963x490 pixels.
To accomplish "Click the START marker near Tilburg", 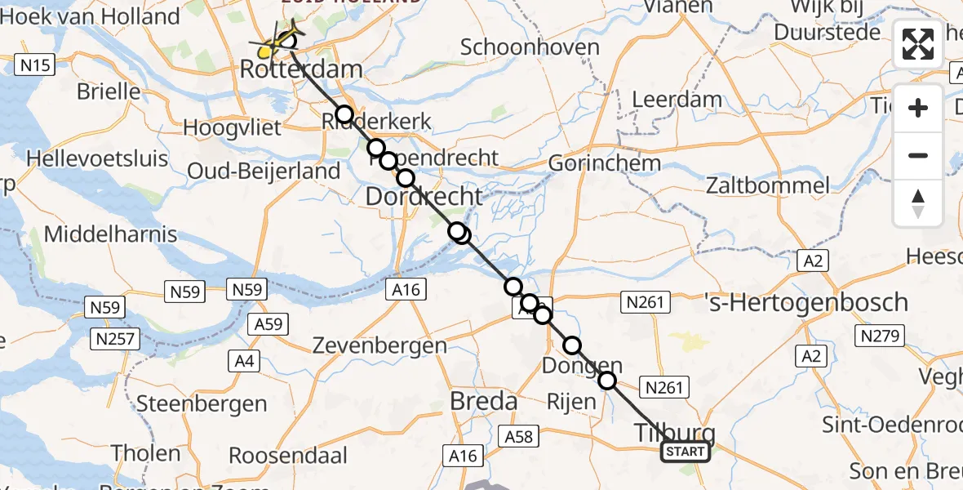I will click(685, 452).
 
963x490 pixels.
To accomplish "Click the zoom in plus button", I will click(918, 109).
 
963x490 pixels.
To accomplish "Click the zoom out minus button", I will click(918, 155).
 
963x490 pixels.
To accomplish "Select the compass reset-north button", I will click(918, 203).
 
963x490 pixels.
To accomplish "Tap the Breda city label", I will click(484, 401).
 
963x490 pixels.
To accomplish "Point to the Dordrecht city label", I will click(424, 196).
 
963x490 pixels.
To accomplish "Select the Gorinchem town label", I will click(604, 163).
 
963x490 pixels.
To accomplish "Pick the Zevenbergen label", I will click(379, 345).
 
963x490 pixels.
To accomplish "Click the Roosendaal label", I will click(288, 455).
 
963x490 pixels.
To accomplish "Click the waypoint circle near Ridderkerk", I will click(344, 114).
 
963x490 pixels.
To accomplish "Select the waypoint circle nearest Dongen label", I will click(572, 346).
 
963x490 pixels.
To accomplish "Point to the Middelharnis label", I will click(110, 234).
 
